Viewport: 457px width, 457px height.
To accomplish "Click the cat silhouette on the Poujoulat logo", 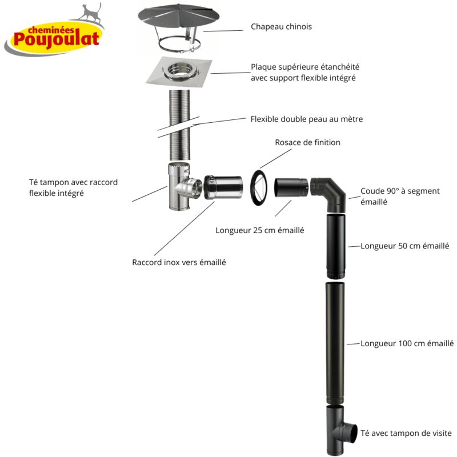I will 90,13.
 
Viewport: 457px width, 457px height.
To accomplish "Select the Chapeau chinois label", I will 281,27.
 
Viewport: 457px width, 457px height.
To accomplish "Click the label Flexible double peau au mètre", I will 306,119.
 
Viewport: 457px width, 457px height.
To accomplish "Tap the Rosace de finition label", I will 307,142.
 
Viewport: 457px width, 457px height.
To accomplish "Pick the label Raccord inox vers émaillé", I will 179,262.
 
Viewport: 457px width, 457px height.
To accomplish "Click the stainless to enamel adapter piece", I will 224,186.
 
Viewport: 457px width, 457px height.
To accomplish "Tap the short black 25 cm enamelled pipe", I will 291,189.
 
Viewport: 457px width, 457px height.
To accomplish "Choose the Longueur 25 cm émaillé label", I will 259,231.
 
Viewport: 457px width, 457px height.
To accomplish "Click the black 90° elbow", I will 330,193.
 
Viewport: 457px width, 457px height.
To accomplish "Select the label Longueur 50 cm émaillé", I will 404,246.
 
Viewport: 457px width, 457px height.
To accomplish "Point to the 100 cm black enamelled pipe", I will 335,343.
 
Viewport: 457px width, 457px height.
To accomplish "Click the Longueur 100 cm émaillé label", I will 407,343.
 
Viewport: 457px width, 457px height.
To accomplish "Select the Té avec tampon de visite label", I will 406,434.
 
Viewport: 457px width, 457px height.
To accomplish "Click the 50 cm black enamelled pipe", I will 335,246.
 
